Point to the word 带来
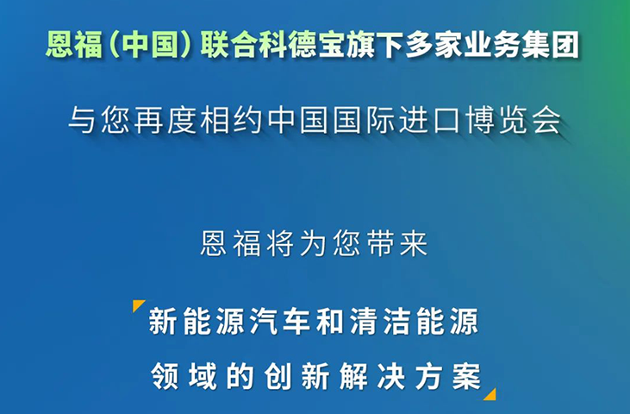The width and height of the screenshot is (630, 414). coord(401,244)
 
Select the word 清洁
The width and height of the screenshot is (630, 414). coord(368,323)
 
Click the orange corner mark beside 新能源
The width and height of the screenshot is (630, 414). coord(138,306)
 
